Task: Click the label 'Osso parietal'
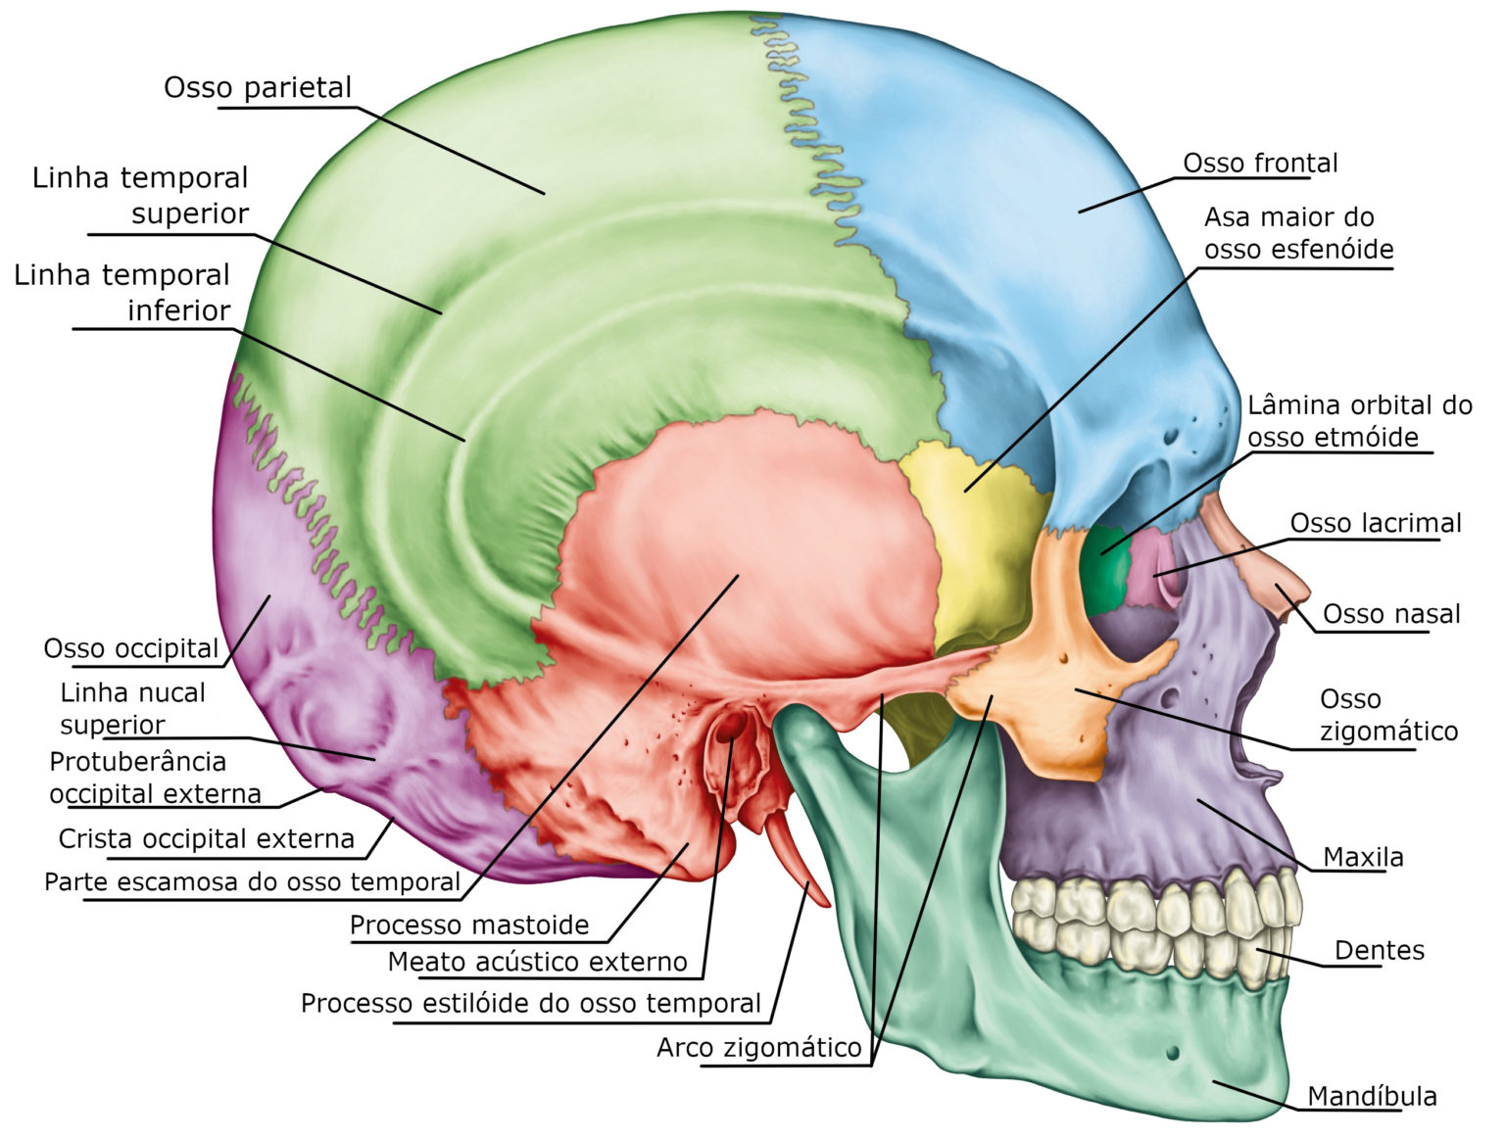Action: [257, 88]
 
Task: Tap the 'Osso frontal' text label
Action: [1260, 163]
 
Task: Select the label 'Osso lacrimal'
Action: [1375, 523]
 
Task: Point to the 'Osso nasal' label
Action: [1391, 614]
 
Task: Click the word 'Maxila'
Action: [1363, 857]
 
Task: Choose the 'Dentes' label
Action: [1379, 950]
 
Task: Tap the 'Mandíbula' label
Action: [1372, 1096]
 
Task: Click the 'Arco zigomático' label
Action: [758, 1048]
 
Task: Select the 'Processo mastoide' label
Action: [469, 924]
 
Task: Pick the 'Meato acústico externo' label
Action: [537, 962]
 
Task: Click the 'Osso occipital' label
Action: [131, 648]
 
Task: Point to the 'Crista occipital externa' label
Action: [206, 838]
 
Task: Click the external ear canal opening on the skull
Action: [731, 729]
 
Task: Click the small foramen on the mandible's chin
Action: [1173, 1053]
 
